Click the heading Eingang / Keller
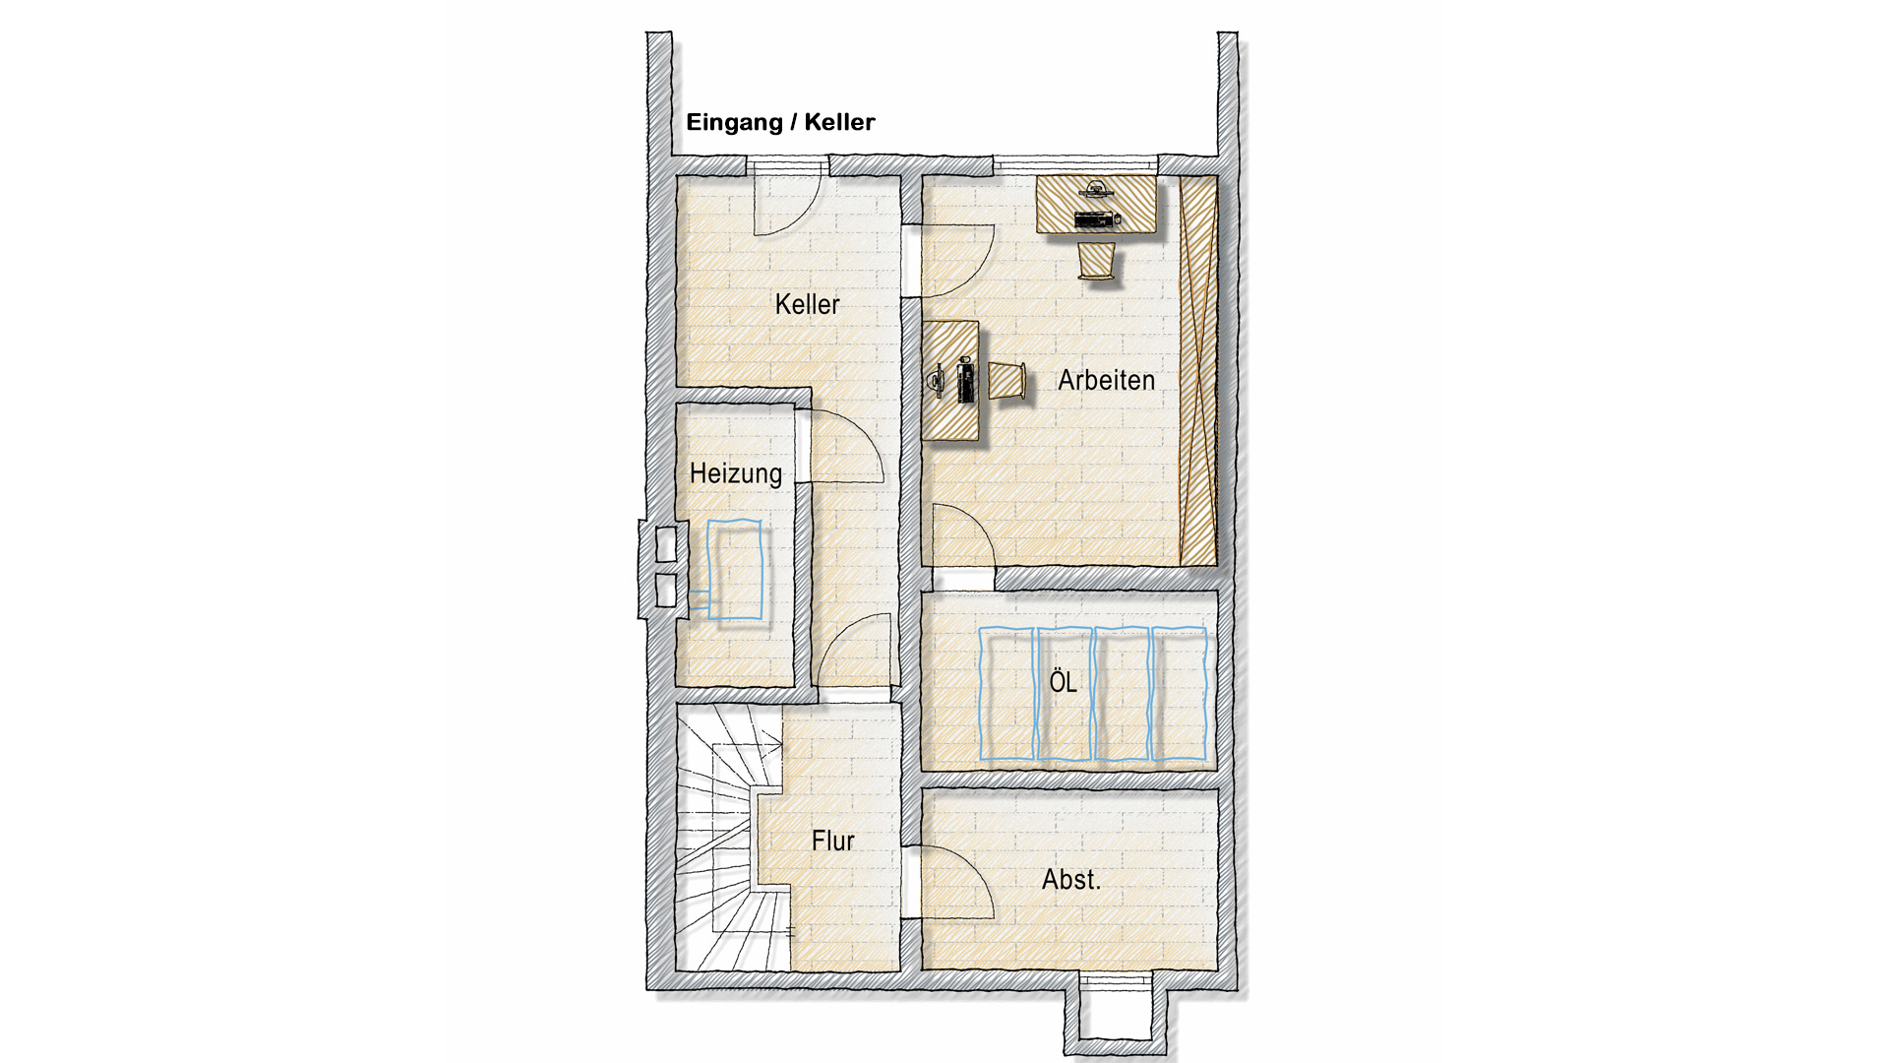click(780, 122)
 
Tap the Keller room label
click(807, 304)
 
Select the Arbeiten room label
click(1106, 380)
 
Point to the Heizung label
click(736, 473)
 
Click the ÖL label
click(1063, 680)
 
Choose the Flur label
click(832, 841)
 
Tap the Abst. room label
click(1071, 879)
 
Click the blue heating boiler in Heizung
click(734, 570)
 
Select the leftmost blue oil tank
click(1006, 694)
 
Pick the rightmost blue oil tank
click(1179, 694)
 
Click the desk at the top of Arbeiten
click(1096, 204)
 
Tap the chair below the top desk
click(1096, 262)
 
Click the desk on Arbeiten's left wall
click(950, 381)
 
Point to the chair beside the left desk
click(1007, 381)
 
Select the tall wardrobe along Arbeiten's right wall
click(1198, 371)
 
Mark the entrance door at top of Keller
click(787, 203)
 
